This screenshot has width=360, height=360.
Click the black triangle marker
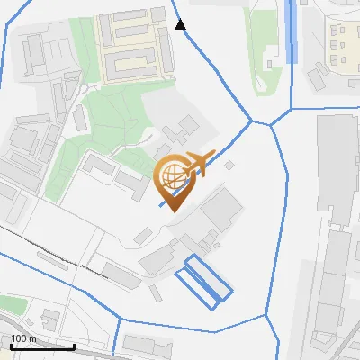point(180,24)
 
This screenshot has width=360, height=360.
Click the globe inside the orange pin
point(172,177)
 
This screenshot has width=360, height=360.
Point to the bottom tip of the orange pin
point(172,211)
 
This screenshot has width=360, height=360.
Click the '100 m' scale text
point(24,338)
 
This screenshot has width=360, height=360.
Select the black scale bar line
point(41,346)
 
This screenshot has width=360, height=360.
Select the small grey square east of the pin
point(229,166)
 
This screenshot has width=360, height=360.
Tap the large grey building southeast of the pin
point(220,212)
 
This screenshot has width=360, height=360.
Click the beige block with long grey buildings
point(130,42)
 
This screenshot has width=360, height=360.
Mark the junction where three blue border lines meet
point(270,124)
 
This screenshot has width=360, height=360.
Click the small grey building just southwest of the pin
point(143,235)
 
